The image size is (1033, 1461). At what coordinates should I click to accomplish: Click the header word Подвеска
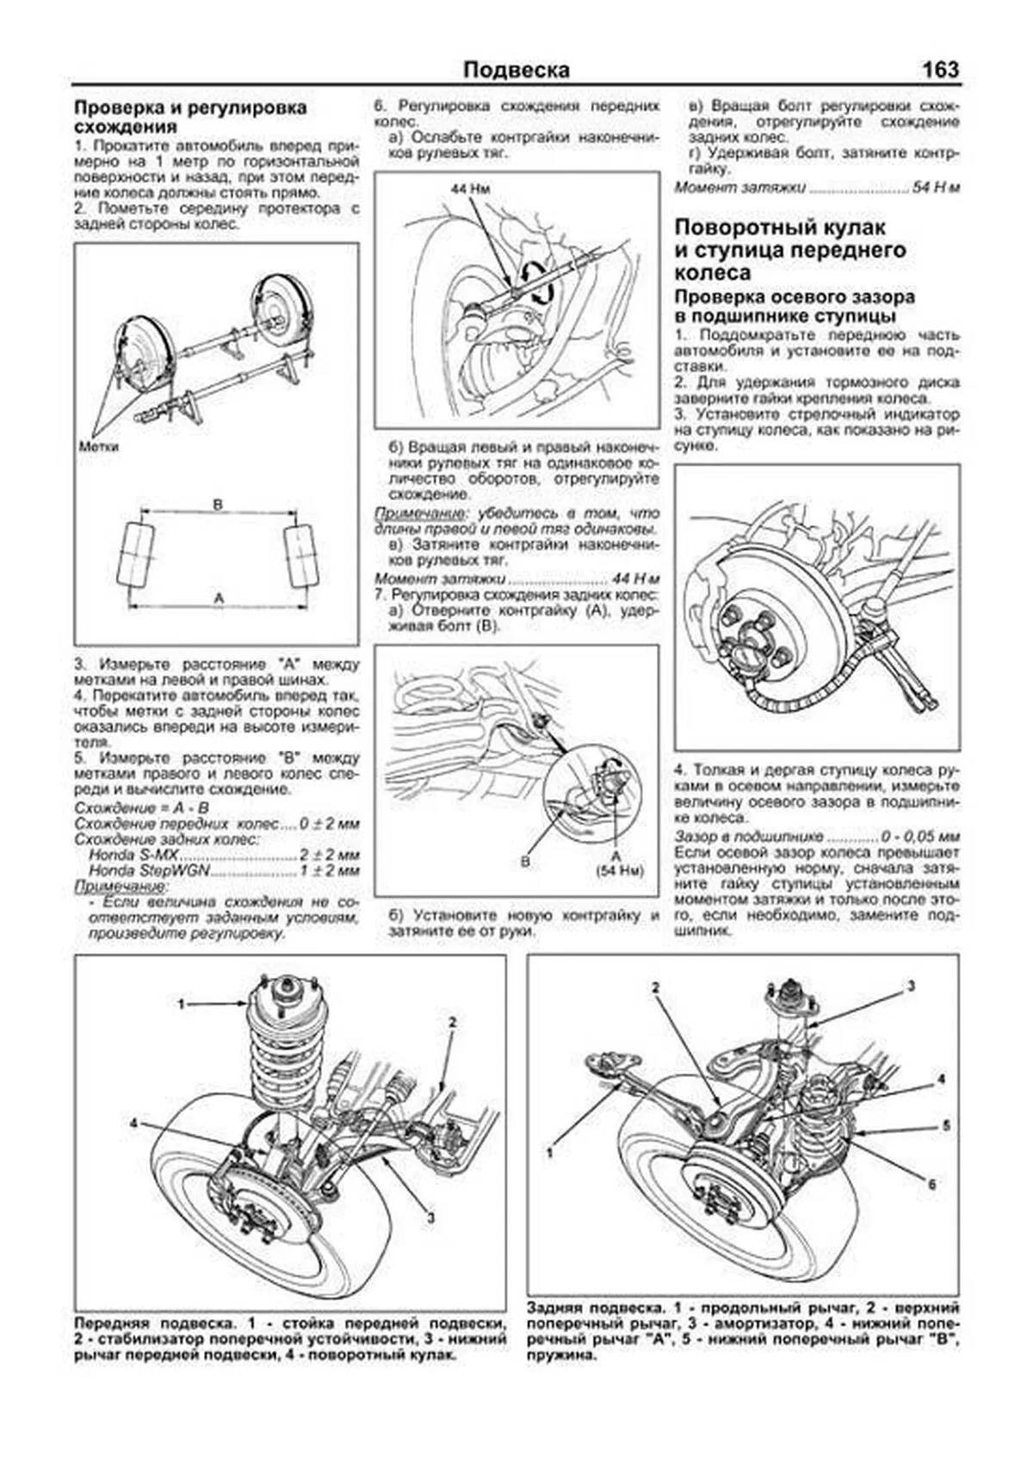pos(516,70)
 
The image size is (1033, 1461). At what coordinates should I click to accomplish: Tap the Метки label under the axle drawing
pos(98,447)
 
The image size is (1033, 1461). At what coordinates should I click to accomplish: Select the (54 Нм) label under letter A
pos(619,870)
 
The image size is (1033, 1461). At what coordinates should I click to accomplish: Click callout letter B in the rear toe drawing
pos(525,860)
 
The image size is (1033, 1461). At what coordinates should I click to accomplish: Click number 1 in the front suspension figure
pos(182,1004)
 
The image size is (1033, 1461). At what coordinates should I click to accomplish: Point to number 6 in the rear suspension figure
pos(931,1184)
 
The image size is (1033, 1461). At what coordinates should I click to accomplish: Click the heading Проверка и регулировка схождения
pos(189,117)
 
